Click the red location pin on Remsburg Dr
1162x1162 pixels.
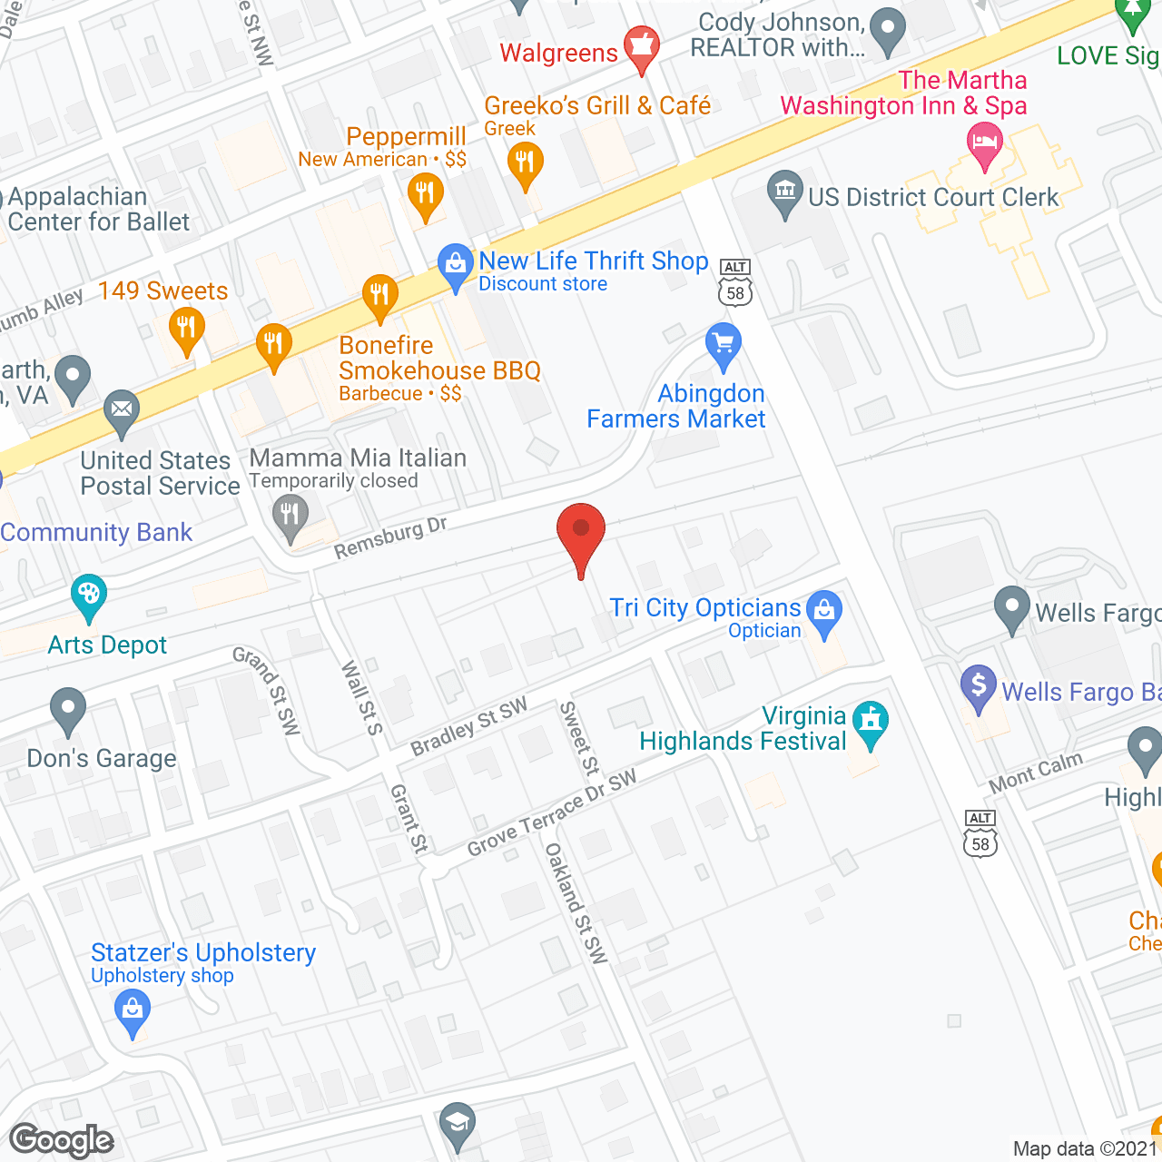tap(580, 531)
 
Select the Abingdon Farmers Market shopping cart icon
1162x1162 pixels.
tap(724, 345)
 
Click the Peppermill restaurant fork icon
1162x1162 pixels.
tap(424, 194)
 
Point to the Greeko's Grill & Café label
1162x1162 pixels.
tap(596, 106)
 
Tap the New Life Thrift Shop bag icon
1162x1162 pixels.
tap(455, 265)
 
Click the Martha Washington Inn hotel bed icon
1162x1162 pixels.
tap(985, 143)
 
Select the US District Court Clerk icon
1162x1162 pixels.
tap(785, 192)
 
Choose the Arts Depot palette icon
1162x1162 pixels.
tap(88, 596)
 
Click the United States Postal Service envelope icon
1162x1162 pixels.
tap(121, 410)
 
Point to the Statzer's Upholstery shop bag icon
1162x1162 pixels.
tap(133, 1010)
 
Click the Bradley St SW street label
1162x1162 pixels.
tap(468, 727)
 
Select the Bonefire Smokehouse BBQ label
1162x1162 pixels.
tap(439, 358)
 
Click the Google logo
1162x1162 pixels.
tap(62, 1140)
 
